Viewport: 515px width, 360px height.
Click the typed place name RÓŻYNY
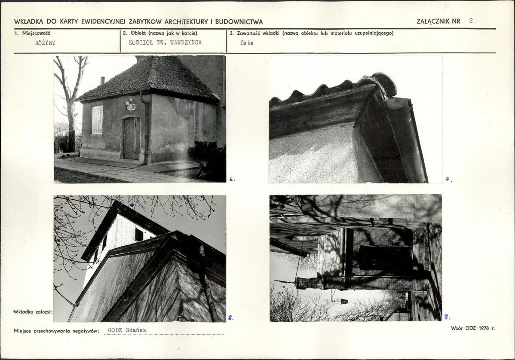pos(45,43)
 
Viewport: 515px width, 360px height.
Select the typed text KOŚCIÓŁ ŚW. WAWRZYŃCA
pos(165,43)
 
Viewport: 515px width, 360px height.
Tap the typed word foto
pos(247,43)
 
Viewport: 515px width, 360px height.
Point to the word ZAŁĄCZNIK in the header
pos(433,21)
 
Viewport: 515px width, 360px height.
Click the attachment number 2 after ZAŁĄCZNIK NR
pos(471,21)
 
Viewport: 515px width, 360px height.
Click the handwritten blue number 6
pos(232,179)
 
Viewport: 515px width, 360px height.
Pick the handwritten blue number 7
pos(448,180)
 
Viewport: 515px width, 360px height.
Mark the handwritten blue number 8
pos(230,317)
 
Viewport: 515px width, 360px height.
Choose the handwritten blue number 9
pos(447,317)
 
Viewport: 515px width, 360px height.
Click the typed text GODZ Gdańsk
pos(127,330)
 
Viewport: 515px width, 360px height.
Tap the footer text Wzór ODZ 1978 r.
pos(472,328)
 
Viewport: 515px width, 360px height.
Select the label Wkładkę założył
pos(33,312)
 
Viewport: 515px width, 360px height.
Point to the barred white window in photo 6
pos(97,119)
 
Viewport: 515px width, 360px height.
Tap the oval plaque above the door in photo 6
pos(130,107)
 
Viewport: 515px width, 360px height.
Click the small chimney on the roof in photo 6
pos(102,81)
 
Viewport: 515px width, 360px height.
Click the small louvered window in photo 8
pos(139,234)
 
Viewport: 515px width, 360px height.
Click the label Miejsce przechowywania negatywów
pos(56,331)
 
